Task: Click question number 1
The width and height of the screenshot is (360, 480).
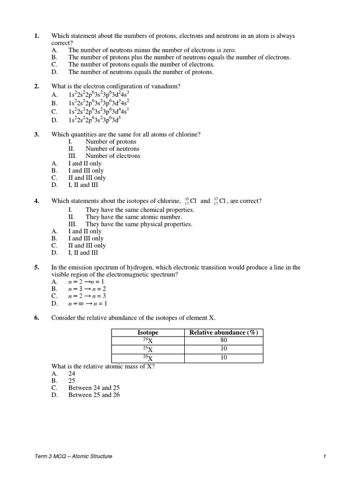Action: coord(37,36)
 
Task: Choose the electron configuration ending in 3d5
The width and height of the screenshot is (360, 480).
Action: coord(95,120)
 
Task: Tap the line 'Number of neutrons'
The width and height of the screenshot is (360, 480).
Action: coord(113,149)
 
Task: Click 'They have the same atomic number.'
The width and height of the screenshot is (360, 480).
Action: coord(134,217)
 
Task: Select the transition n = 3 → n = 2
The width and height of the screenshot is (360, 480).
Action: coord(89,289)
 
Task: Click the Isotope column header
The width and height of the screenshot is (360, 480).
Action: coord(148,333)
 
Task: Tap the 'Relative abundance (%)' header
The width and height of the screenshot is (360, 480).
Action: coord(224,333)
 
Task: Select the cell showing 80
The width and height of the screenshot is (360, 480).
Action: coord(224,341)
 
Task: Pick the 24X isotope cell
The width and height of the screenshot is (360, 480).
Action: coord(148,341)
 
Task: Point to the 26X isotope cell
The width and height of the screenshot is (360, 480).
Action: coord(148,358)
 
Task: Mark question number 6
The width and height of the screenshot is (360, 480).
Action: coord(37,318)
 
